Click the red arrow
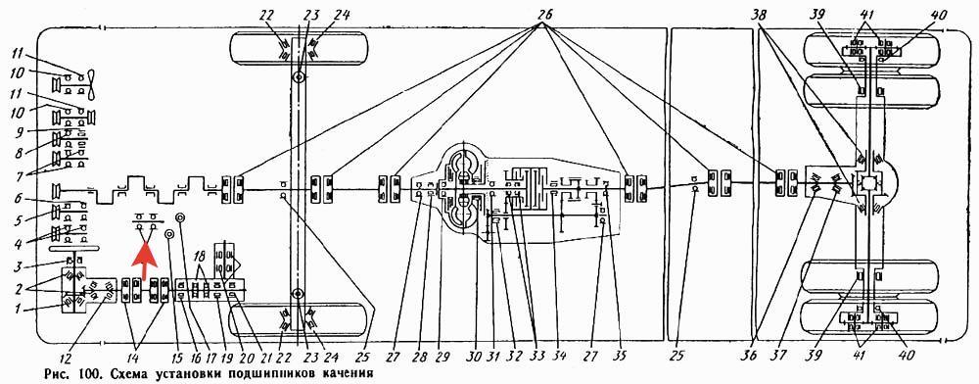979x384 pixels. coord(144,263)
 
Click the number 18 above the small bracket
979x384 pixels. coord(200,259)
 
